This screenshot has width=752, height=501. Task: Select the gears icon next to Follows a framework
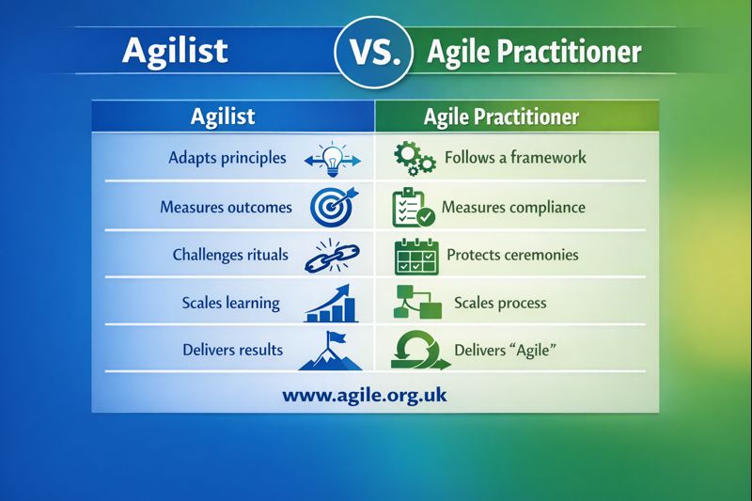(x=414, y=158)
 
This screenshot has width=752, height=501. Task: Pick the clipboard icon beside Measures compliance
(x=413, y=208)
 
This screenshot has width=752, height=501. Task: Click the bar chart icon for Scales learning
(x=333, y=303)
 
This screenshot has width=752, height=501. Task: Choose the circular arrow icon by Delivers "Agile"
(x=415, y=350)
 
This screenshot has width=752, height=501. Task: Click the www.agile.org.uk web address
(x=365, y=395)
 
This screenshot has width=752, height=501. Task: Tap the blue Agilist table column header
(x=223, y=117)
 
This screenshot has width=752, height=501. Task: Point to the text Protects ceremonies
(x=512, y=255)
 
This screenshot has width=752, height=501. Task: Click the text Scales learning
(x=231, y=303)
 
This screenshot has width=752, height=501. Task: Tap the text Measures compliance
(x=513, y=207)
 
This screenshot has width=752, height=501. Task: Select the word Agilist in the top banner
(x=175, y=50)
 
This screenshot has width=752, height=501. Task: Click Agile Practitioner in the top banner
(x=534, y=51)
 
